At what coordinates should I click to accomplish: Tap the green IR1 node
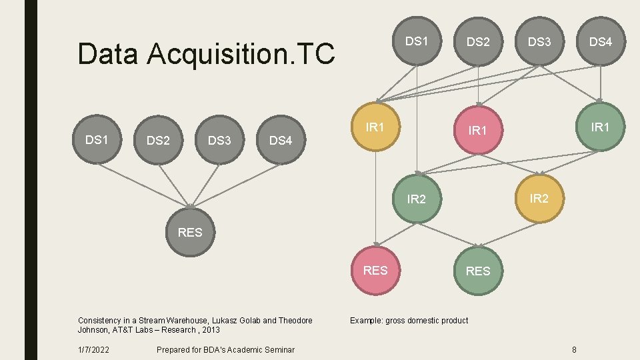(601, 127)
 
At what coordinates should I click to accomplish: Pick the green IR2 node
(417, 198)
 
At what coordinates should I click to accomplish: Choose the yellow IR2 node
(539, 197)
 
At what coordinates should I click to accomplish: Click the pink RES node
(375, 271)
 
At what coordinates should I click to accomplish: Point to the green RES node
(477, 271)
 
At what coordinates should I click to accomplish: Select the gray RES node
(190, 233)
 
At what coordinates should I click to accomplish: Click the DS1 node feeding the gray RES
(97, 139)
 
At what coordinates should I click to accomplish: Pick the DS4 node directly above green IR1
(601, 42)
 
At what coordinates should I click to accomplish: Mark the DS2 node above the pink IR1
(478, 42)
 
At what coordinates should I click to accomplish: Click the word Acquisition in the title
(207, 54)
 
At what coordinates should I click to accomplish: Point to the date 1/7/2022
(94, 349)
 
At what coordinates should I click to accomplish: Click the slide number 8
(574, 349)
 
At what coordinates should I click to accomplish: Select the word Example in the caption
(366, 321)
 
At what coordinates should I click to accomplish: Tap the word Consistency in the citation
(99, 321)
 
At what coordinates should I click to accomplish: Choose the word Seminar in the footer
(278, 349)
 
